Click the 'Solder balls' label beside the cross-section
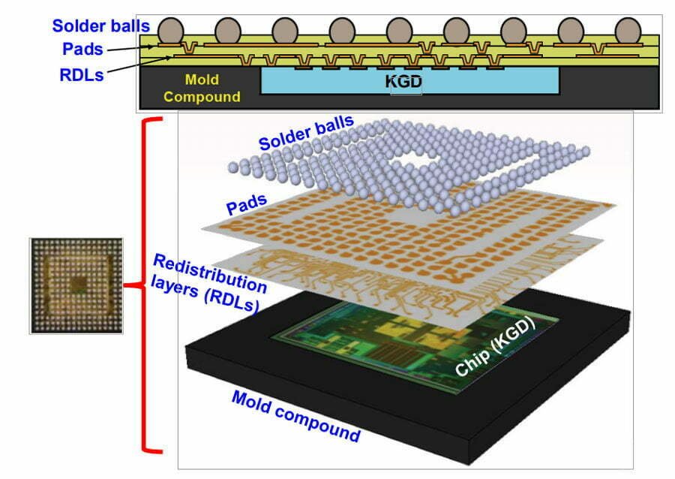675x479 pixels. tap(100, 26)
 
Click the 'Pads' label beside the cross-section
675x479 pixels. tap(82, 49)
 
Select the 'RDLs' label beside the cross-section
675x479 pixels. tap(82, 75)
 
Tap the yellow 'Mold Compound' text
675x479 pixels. tap(202, 88)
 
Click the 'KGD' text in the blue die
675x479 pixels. tap(403, 81)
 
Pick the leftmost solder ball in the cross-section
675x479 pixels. tap(171, 31)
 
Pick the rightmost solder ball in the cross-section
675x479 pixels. tap(628, 31)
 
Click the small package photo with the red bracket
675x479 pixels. tap(76, 285)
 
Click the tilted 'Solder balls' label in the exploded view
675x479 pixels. tap(306, 132)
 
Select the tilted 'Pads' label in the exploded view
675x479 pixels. tap(247, 204)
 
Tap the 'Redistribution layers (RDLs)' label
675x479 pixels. tap(208, 282)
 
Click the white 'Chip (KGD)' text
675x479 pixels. tap(495, 347)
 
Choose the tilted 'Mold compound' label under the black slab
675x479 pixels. tap(295, 417)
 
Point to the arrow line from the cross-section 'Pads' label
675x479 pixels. tap(130, 49)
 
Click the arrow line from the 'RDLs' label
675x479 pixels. tap(140, 64)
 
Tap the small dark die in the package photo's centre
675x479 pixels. tap(79, 284)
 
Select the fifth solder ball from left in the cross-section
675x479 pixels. tap(400, 31)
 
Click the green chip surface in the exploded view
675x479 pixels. tap(413, 345)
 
